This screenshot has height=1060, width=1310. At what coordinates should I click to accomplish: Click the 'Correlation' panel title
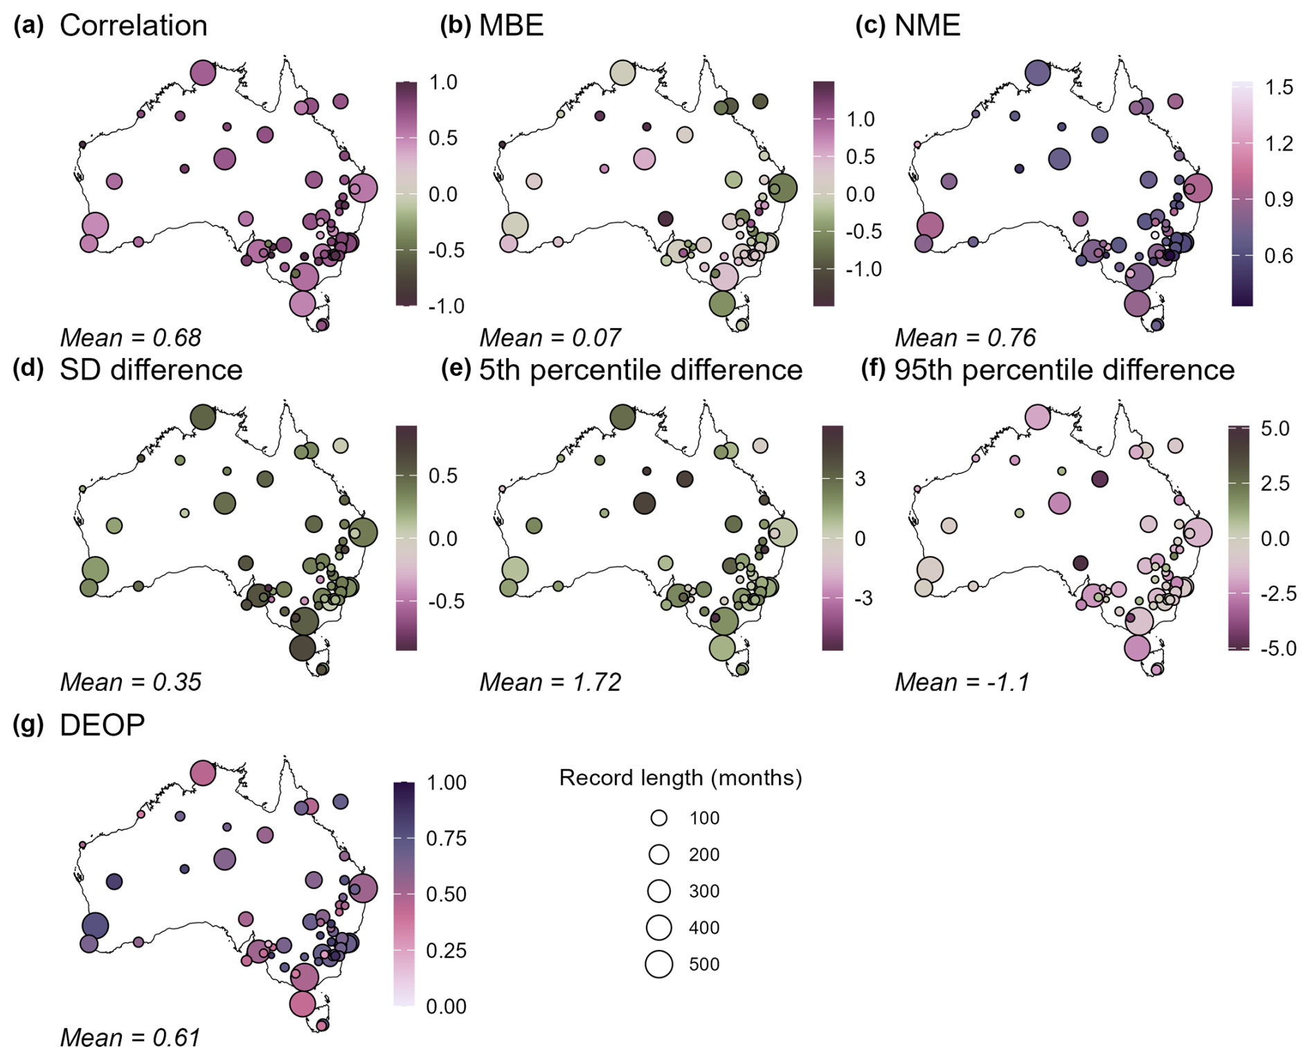tap(133, 26)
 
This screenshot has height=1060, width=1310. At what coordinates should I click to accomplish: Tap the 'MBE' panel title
tap(511, 26)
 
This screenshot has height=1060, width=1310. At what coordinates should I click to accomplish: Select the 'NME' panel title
tap(927, 26)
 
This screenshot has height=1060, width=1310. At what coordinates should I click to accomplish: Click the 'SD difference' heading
tap(151, 370)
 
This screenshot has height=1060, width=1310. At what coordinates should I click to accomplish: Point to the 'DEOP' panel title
tap(102, 725)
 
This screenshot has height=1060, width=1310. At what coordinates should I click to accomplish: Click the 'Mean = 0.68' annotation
tap(130, 338)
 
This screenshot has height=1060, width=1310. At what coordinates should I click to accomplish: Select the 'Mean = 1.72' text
tap(550, 683)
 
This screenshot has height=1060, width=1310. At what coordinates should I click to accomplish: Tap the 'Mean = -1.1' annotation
tap(962, 683)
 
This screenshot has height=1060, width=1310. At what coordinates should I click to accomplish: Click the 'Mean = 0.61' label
tap(130, 1038)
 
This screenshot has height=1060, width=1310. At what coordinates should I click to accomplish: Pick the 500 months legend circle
tap(659, 964)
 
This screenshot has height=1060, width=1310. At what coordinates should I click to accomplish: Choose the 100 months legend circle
tap(659, 818)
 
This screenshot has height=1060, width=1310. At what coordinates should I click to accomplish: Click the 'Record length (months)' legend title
tap(680, 778)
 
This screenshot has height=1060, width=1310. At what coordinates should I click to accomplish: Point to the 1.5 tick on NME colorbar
tap(1278, 87)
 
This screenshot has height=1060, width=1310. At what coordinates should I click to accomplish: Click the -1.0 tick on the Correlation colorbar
tap(446, 306)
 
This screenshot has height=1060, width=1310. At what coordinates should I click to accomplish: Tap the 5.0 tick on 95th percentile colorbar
tap(1275, 429)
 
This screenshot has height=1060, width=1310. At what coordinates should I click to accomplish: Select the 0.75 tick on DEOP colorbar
tap(446, 838)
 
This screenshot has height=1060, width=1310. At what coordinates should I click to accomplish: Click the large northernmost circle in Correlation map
tap(203, 72)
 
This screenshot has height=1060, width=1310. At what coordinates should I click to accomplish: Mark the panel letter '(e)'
tap(456, 370)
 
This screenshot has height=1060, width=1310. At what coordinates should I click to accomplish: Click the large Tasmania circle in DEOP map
tap(303, 1003)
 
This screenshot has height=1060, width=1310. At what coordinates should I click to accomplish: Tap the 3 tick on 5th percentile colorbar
tap(860, 478)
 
